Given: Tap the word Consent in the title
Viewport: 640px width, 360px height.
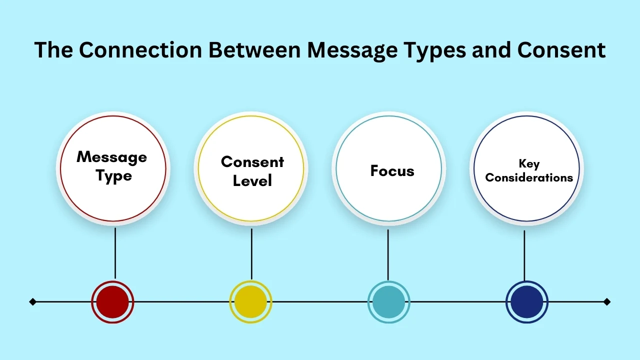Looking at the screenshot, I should tap(561, 50).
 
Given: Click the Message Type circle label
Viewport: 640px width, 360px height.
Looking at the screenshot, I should tap(112, 166).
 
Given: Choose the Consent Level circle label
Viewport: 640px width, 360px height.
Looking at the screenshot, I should tap(252, 171).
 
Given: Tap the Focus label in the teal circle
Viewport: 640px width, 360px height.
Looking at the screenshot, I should tap(392, 171).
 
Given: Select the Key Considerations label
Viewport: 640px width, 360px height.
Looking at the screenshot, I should tap(529, 171).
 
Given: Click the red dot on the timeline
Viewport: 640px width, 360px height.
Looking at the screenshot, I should tap(112, 302).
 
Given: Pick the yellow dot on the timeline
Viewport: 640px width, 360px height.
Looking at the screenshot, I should tap(250, 302).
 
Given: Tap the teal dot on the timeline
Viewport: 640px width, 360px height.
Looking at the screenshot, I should tap(388, 302).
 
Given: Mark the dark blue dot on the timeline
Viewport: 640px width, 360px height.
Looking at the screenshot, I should tap(527, 302).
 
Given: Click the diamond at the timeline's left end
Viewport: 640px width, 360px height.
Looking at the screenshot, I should tap(33, 301).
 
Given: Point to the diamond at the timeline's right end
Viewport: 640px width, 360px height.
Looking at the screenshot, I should tap(607, 301).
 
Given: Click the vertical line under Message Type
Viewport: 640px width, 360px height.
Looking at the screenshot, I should tap(115, 253).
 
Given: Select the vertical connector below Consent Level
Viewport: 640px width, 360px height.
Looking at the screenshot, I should tap(251, 253).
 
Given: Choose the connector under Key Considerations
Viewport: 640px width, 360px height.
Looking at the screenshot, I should tap(524, 255).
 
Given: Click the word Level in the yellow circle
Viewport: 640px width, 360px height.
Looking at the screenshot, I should tap(252, 180).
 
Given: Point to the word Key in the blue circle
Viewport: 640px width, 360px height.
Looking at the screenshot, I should tap(529, 164).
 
